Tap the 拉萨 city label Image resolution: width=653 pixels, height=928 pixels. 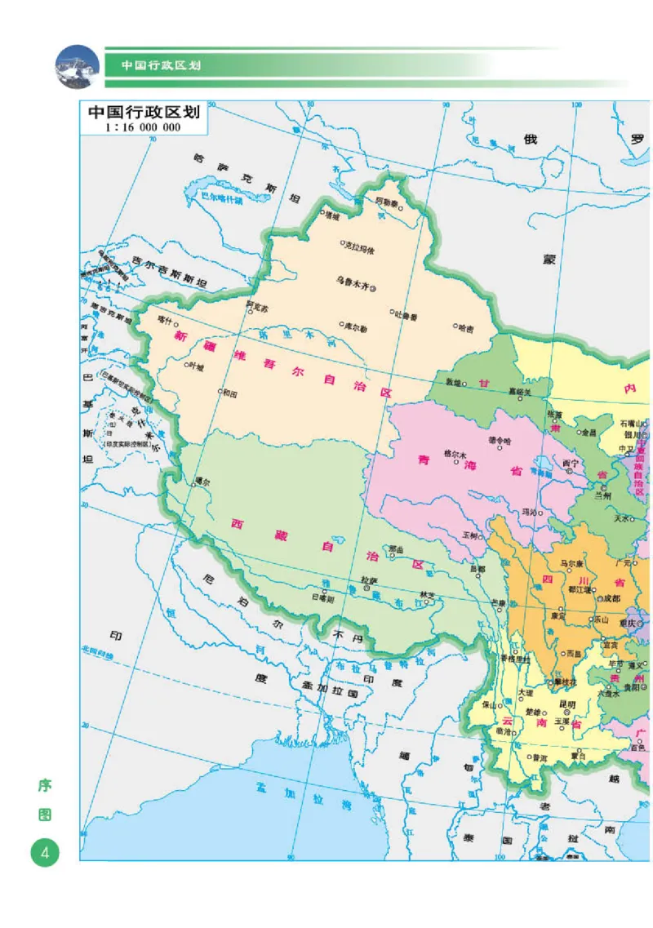pyautogui.click(x=369, y=580)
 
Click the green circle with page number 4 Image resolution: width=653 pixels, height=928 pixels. pyautogui.click(x=45, y=853)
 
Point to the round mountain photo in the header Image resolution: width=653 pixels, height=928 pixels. pyautogui.click(x=77, y=65)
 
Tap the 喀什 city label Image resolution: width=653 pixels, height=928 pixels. pyautogui.click(x=167, y=319)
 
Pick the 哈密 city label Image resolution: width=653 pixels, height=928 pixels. pyautogui.click(x=465, y=328)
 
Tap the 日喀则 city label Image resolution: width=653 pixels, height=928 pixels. pyautogui.click(x=323, y=598)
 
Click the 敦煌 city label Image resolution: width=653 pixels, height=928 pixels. pyautogui.click(x=451, y=382)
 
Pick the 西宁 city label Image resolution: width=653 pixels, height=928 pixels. pyautogui.click(x=570, y=463)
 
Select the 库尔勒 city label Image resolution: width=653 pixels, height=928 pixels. pyautogui.click(x=354, y=325)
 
